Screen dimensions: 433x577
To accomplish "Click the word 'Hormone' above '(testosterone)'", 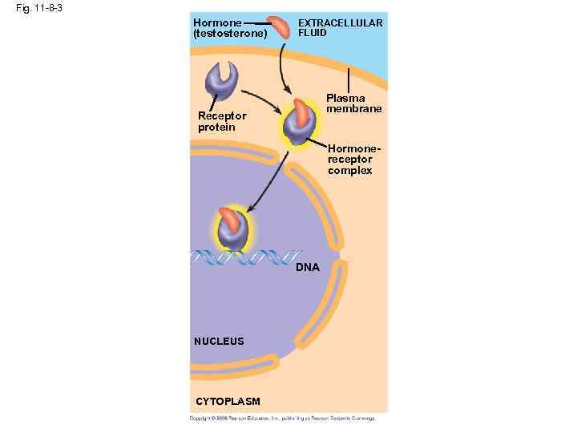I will [x=217, y=23].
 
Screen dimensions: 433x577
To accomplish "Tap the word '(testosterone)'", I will [x=230, y=34].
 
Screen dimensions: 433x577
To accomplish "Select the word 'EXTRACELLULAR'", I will [x=340, y=23].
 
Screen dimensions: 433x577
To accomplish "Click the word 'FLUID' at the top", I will [x=313, y=34].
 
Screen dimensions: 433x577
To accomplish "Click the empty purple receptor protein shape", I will [x=222, y=80].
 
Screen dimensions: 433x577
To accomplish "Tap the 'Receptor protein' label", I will [x=222, y=121].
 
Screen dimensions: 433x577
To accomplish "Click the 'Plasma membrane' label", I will [x=353, y=103].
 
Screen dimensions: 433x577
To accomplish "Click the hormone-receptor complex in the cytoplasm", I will [x=297, y=123].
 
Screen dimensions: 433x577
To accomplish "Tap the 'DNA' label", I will [x=307, y=267].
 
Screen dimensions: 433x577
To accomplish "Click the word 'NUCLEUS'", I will [x=219, y=341].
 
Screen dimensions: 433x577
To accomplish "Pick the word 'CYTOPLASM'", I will [x=228, y=401].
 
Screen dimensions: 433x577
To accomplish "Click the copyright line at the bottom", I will [x=282, y=418].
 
